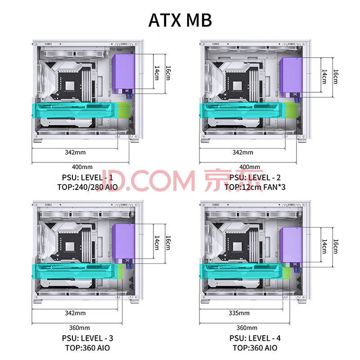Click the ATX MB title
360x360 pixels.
click(x=180, y=20)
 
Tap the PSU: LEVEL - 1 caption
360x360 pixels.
click(x=87, y=177)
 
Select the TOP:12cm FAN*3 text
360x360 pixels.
click(x=255, y=187)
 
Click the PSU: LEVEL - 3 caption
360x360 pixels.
click(x=87, y=338)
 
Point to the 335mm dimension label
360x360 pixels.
click(x=239, y=313)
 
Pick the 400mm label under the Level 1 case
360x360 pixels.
click(x=82, y=167)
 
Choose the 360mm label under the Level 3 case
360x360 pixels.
click(x=80, y=328)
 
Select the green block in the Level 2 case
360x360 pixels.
click(x=291, y=110)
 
